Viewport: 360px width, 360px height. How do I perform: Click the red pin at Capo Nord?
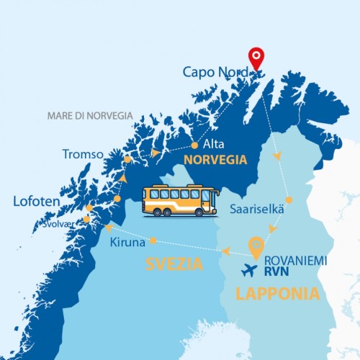pos(256,58)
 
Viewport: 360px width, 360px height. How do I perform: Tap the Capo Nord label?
pos(215,72)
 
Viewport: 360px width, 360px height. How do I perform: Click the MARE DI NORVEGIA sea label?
pos(90,115)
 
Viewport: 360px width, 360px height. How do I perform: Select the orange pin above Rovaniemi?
pos(254,248)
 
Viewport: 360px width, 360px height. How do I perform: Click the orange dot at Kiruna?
pos(154,240)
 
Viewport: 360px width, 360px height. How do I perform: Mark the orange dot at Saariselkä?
pos(289,200)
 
